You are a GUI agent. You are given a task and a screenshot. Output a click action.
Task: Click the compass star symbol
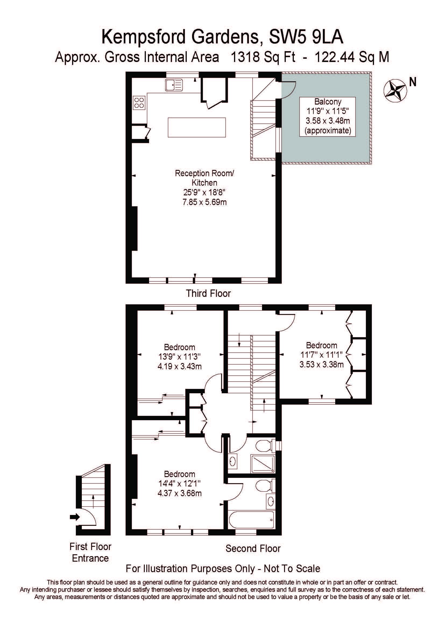(395, 90)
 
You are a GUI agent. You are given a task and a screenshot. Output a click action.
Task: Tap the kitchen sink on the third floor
(174, 85)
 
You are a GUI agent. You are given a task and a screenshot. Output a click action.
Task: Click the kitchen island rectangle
(197, 127)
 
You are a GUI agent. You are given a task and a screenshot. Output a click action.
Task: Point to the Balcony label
(328, 102)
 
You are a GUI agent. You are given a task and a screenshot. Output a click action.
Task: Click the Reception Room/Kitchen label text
(204, 178)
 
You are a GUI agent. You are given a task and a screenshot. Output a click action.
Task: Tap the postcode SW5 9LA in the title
(306, 37)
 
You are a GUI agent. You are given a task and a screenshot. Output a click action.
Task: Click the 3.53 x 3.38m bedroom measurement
(322, 365)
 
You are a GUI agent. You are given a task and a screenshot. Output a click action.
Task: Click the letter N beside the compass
(413, 82)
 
